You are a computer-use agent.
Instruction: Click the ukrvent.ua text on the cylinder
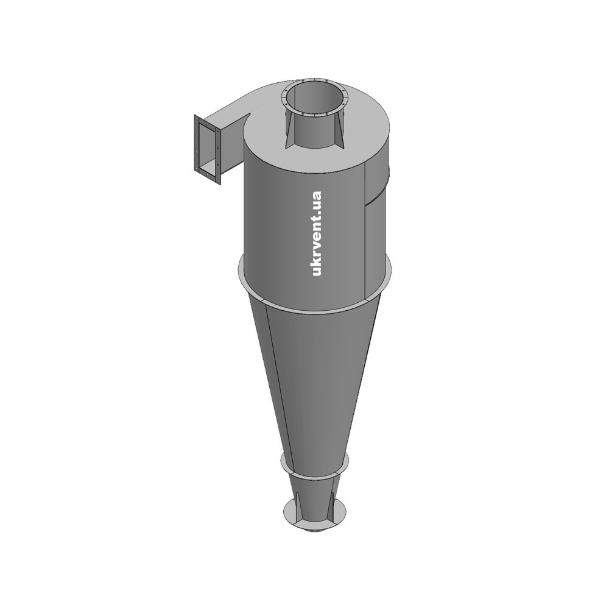(317, 233)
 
